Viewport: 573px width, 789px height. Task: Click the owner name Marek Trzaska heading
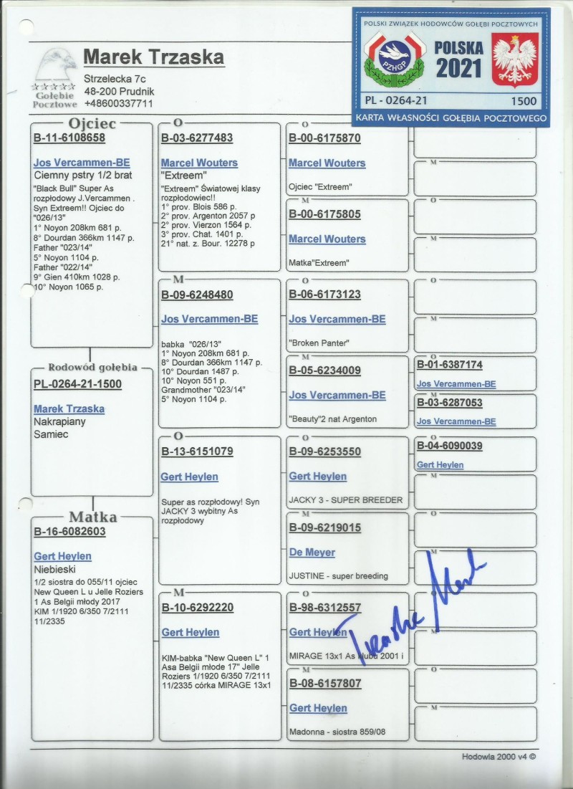[153, 57]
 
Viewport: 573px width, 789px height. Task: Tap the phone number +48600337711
[118, 103]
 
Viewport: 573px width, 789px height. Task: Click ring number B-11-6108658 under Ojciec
[69, 138]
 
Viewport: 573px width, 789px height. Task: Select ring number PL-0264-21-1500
[77, 384]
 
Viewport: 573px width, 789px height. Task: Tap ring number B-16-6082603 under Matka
[69, 532]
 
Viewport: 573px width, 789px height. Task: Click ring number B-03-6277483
[197, 138]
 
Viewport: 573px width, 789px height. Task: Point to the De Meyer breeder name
[312, 553]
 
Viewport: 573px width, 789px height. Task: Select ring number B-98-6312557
[324, 608]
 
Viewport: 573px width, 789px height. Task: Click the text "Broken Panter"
[319, 343]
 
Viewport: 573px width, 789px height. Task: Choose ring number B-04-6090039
[450, 446]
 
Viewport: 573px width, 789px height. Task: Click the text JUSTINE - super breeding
[338, 575]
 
